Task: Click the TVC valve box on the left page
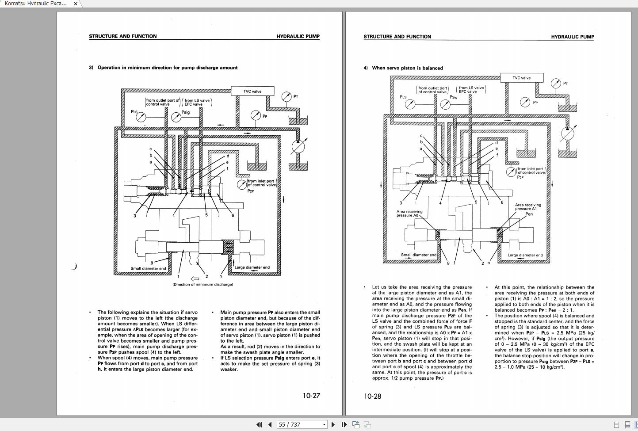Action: click(x=252, y=92)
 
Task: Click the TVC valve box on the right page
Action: click(x=521, y=78)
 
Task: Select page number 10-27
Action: click(x=311, y=396)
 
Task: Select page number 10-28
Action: click(x=372, y=396)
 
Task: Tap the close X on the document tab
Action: click(x=75, y=4)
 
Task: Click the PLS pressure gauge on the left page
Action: click(x=141, y=117)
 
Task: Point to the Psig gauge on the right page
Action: click(x=444, y=104)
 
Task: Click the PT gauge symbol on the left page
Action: click(x=287, y=96)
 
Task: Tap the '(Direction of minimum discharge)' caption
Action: click(x=202, y=284)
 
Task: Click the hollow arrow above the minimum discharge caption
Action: click(x=195, y=278)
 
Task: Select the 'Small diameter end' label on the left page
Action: click(x=148, y=268)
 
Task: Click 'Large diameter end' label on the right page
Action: click(x=525, y=255)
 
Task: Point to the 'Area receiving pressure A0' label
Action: click(x=409, y=214)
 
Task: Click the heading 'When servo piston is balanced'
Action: click(x=407, y=68)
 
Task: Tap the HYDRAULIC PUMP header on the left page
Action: click(x=298, y=36)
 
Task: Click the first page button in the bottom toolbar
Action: click(x=259, y=424)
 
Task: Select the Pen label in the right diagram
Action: click(x=529, y=214)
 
